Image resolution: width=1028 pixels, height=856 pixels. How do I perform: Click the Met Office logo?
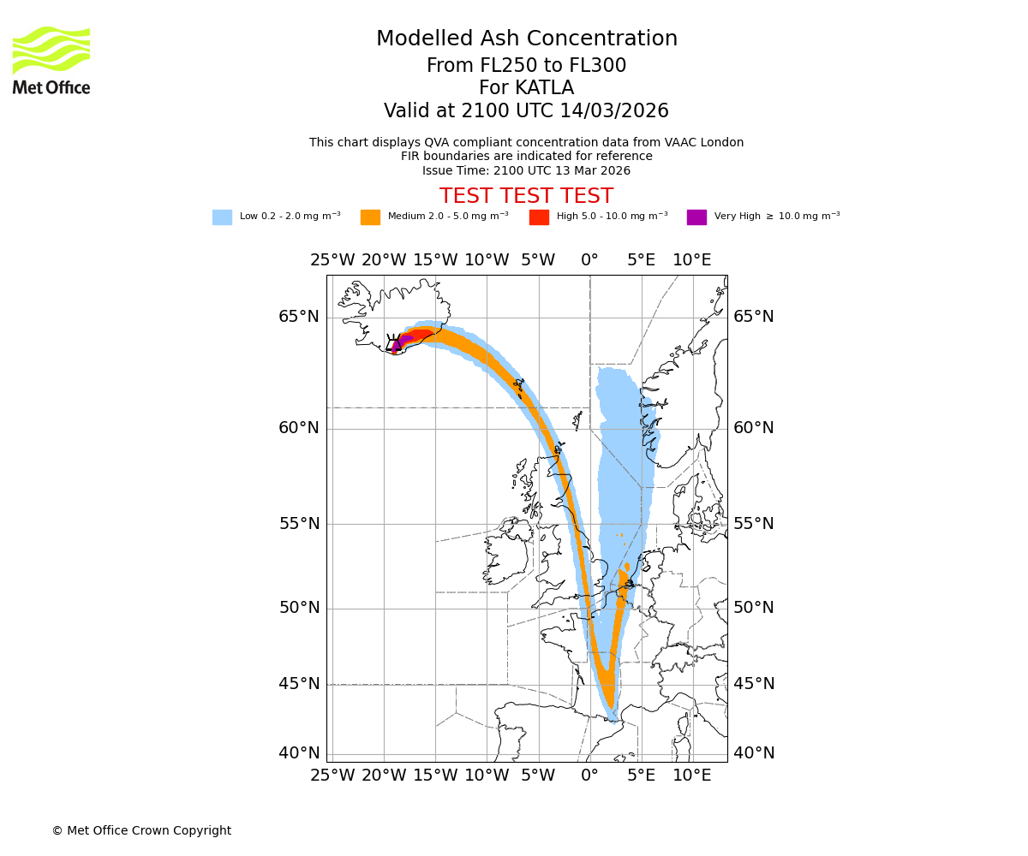coord(51,60)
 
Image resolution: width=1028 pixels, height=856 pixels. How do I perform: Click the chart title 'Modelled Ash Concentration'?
coord(526,39)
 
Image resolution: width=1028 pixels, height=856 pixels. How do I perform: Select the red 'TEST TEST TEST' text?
coord(526,196)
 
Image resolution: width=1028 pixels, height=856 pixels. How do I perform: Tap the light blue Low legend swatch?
coord(222,217)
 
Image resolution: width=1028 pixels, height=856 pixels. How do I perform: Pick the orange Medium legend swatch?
coord(370,217)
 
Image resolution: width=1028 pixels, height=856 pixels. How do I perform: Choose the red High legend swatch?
coord(539,217)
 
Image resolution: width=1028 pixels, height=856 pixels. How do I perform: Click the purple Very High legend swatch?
coord(696,217)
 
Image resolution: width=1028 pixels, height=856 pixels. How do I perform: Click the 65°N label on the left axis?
coord(298,317)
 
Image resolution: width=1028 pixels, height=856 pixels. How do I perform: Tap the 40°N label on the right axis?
coord(753,753)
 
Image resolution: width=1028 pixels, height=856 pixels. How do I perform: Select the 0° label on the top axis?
coord(589,260)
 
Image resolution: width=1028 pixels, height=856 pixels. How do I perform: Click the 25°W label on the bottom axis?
coord(332,776)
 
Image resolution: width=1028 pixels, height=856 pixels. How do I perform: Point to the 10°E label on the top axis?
coord(691,260)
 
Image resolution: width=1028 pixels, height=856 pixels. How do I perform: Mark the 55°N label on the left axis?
coord(298,524)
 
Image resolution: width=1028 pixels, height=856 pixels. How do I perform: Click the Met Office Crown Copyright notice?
coord(141,831)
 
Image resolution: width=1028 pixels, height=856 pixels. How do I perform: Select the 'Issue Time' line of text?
coord(526,170)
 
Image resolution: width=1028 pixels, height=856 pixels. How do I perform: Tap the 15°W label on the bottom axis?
coord(435,776)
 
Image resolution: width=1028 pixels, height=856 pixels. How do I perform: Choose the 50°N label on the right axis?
coord(753,608)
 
